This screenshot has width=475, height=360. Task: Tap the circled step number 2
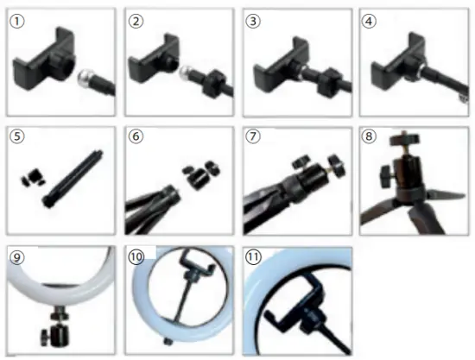pyautogui.click(x=136, y=22)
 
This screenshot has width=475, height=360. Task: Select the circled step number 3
pyautogui.click(x=252, y=22)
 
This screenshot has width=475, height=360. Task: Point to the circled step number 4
pyautogui.click(x=370, y=22)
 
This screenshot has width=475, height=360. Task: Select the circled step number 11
pyautogui.click(x=254, y=256)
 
